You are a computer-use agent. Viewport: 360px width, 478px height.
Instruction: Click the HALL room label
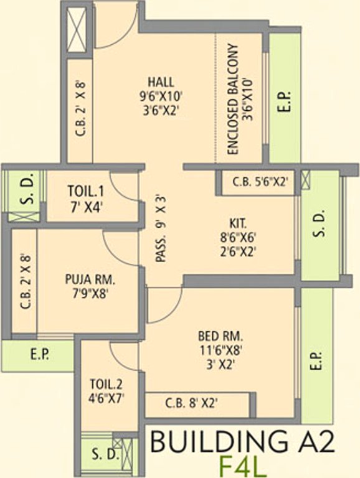(161, 82)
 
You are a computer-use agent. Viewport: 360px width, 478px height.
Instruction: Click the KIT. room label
(238, 222)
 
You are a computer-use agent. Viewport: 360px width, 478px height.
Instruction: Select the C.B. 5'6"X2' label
(260, 182)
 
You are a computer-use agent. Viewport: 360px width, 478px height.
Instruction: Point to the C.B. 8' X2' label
(191, 403)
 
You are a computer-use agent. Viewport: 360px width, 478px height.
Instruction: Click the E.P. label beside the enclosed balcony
(285, 100)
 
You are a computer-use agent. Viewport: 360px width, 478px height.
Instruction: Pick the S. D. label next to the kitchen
(320, 224)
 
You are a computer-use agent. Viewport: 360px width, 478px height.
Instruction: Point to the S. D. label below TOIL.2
(105, 454)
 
